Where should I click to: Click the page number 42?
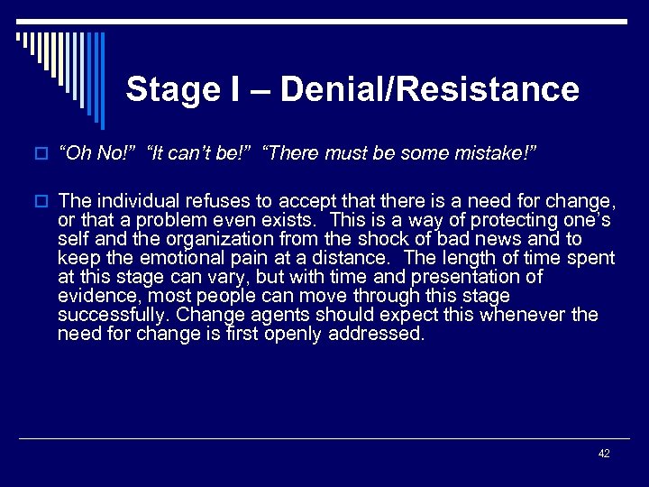click(604, 454)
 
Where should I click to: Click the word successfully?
click(113, 314)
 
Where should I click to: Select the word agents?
click(267, 314)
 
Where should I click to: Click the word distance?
click(364, 258)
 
